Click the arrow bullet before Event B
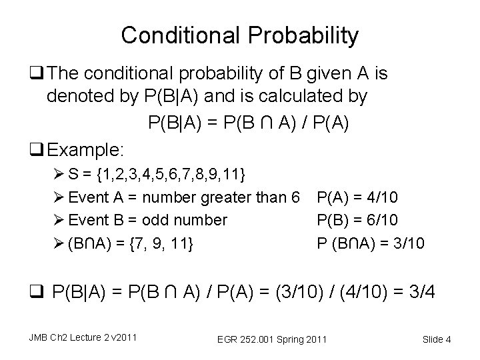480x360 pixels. [x=59, y=220]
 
